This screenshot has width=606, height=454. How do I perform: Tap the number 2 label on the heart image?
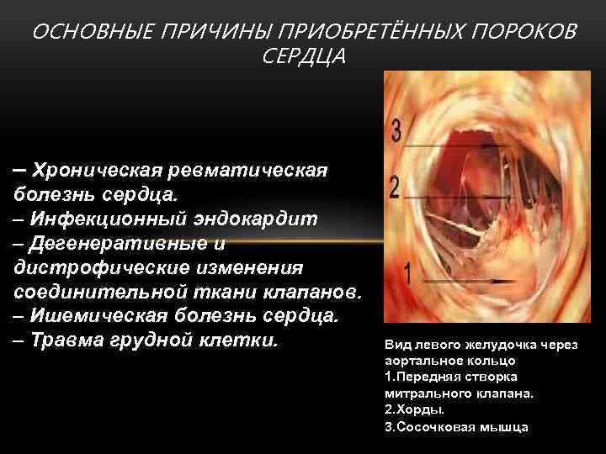tap(396, 187)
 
